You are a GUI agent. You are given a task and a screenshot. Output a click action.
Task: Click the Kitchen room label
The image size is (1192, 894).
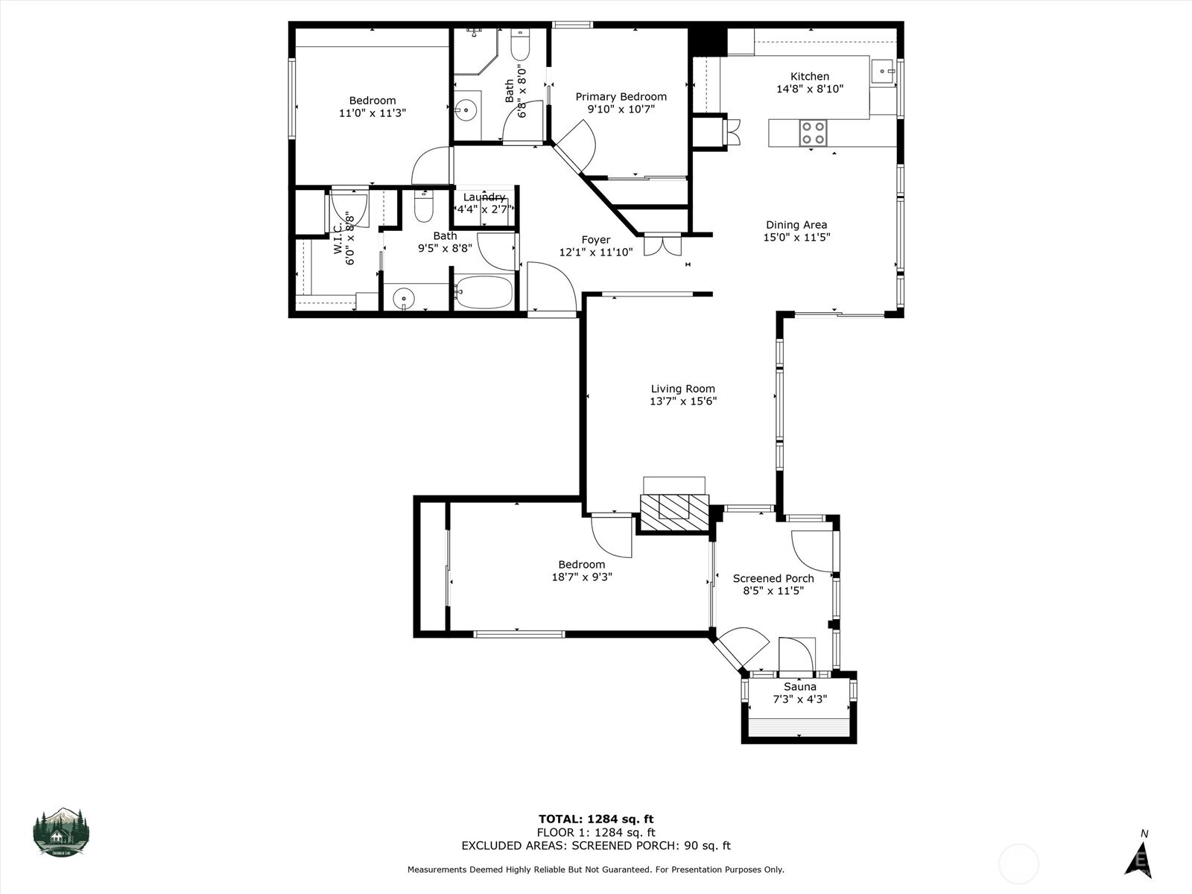809,77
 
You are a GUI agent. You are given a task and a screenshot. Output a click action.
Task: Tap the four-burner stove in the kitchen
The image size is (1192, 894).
813,133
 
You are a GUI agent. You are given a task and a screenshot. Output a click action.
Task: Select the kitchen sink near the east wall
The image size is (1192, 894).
883,71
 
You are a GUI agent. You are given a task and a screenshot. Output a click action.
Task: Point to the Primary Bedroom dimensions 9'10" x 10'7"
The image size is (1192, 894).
621,109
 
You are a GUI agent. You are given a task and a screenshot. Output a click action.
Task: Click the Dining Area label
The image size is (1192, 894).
796,225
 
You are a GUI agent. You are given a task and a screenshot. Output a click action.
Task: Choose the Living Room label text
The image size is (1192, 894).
682,389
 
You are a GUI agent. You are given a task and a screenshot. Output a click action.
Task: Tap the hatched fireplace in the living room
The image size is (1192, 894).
674,512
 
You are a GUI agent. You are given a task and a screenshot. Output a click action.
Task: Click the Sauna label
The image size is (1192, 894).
799,687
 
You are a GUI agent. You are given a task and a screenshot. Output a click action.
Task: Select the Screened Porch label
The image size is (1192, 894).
773,579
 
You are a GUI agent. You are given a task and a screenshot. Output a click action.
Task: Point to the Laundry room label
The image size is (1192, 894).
484,197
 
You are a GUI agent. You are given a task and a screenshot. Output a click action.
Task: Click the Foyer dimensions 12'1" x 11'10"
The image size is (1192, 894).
596,253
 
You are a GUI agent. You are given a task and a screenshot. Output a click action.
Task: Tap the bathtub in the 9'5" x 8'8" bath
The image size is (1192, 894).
484,292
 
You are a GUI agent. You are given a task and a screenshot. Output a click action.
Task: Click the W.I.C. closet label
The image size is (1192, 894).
338,238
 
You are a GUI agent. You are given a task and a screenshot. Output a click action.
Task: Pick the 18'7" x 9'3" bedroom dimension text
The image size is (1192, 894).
582,577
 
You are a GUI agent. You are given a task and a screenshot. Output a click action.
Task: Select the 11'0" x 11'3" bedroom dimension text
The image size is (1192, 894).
372,113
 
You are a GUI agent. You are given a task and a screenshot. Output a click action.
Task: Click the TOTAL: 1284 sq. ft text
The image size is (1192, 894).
596,819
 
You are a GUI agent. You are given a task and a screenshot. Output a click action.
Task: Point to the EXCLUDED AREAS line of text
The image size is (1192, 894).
596,846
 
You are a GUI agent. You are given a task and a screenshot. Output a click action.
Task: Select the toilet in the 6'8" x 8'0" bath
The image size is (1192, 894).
520,45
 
